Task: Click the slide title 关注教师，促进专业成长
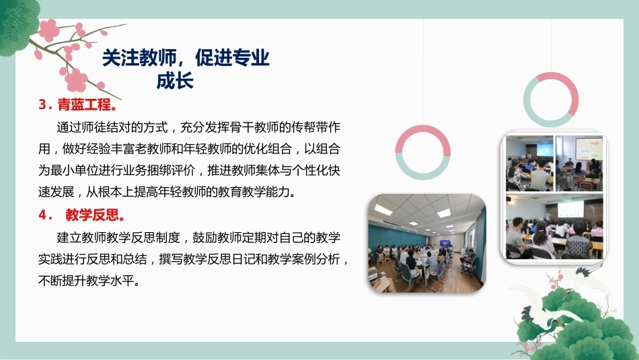tap(186, 69)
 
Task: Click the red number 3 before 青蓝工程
tap(43, 105)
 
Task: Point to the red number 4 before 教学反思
tap(43, 215)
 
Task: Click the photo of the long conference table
tap(427, 244)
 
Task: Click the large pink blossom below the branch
tap(76, 80)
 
